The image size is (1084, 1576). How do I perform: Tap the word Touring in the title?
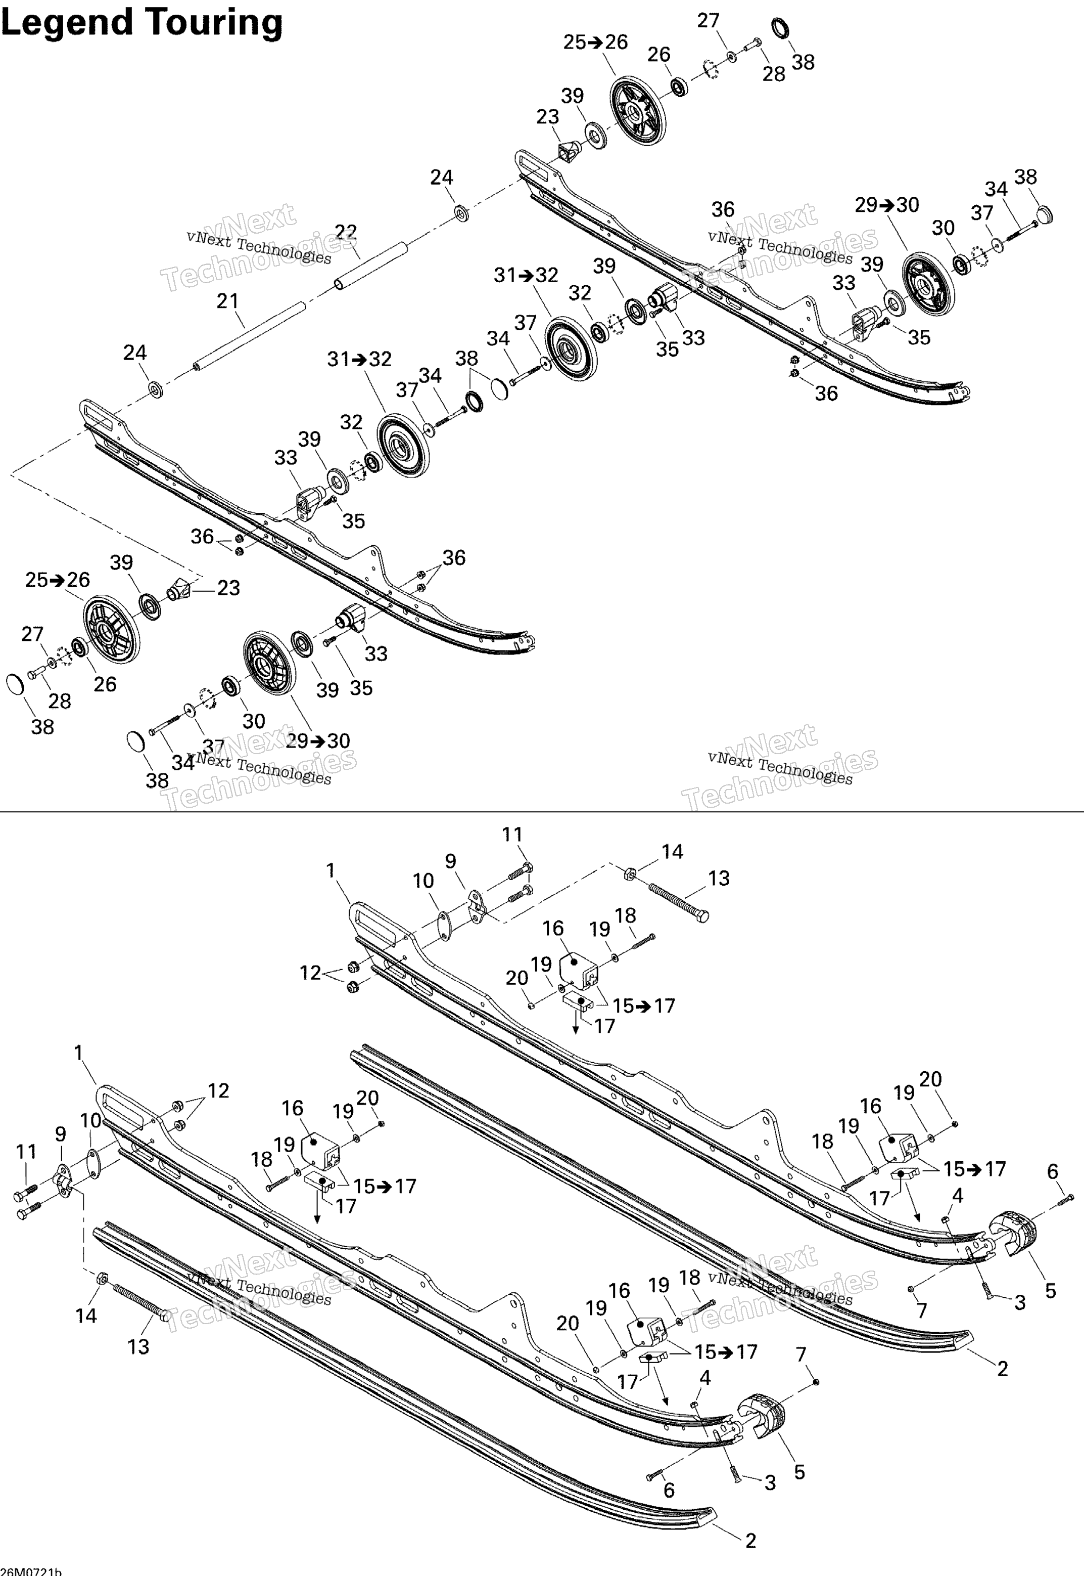[213, 23]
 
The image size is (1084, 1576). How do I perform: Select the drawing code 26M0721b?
[31, 1570]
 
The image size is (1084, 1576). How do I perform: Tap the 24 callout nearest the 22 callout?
[442, 178]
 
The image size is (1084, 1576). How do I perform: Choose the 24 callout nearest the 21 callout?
[134, 352]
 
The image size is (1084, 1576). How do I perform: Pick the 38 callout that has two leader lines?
[466, 358]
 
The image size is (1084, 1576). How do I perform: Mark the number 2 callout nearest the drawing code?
[750, 1540]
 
